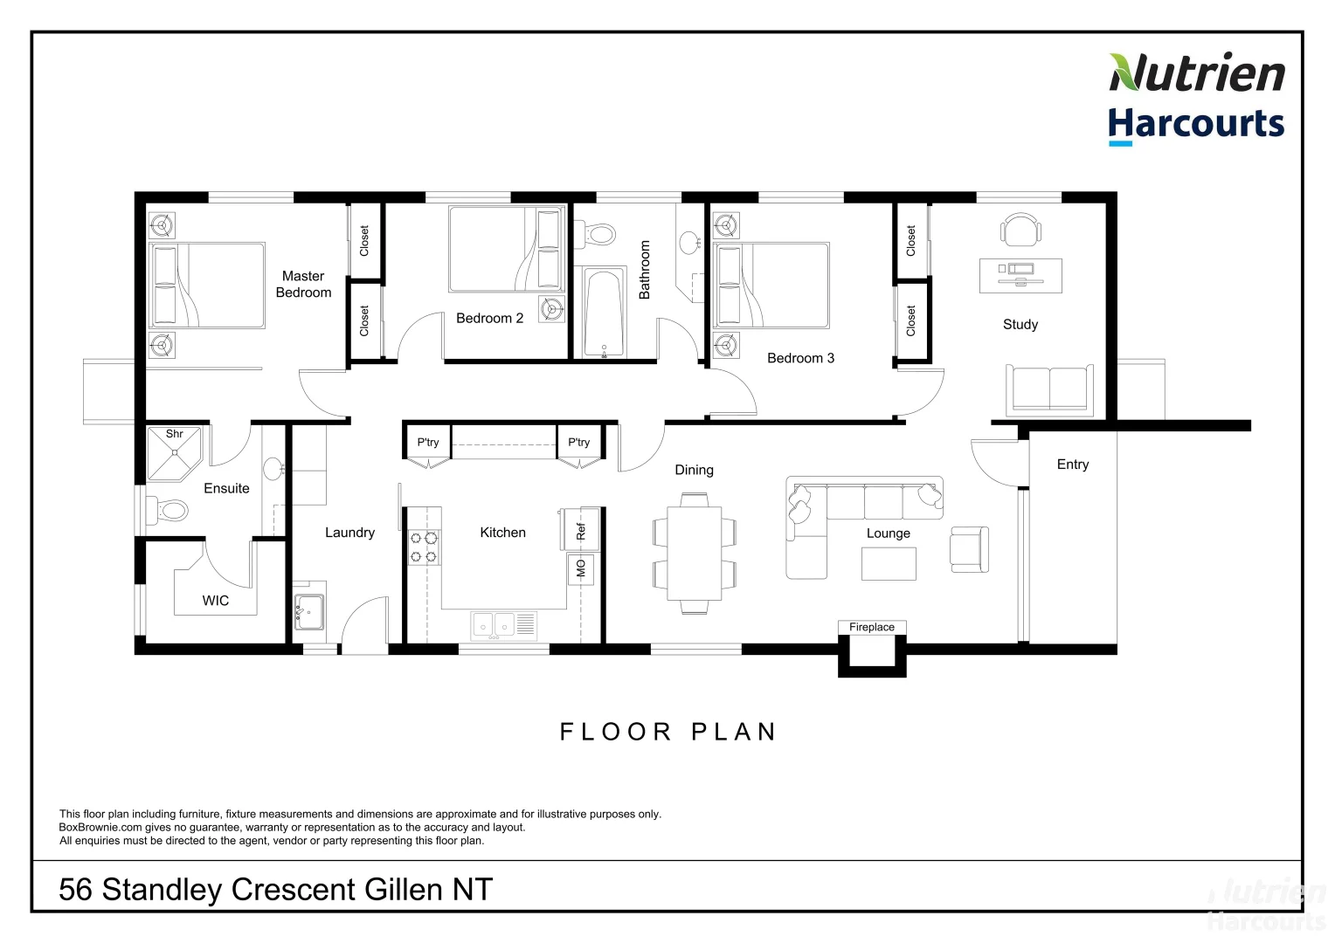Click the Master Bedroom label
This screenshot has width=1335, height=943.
tap(303, 284)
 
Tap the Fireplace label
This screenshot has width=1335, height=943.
tap(871, 627)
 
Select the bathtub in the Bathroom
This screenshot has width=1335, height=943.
tap(604, 313)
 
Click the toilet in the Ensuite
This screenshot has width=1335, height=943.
tap(168, 509)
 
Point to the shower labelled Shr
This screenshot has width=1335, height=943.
tap(174, 452)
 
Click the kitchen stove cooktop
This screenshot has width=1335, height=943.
tap(424, 547)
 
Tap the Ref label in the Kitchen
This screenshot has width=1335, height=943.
tap(581, 530)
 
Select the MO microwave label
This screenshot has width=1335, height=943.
tap(581, 568)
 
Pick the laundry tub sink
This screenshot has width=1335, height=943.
tap(308, 611)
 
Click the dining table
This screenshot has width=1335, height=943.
tap(695, 554)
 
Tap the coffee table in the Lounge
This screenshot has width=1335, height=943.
tap(889, 564)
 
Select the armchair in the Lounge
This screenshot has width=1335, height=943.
tap(969, 549)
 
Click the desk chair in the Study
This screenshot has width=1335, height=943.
tap(1020, 230)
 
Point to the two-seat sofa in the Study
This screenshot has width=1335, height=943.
tap(1048, 389)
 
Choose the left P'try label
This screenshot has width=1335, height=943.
tap(428, 443)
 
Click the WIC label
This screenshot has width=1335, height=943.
tap(216, 601)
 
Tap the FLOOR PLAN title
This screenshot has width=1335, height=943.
tap(668, 732)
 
